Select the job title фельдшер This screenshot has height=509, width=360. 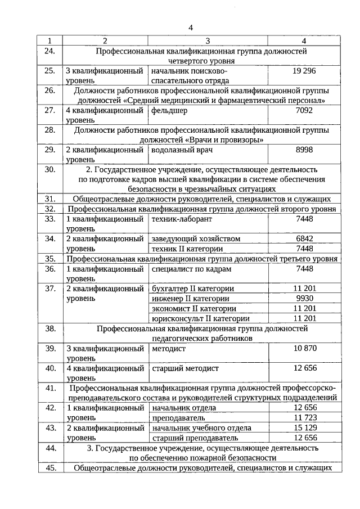[x=169, y=111]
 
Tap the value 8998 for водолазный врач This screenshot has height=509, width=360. [x=304, y=150]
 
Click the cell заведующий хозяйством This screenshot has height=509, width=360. [x=195, y=238]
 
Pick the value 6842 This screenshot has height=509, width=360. [x=304, y=238]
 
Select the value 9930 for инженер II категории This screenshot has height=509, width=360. [x=304, y=298]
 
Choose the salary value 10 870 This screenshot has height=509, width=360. [x=304, y=348]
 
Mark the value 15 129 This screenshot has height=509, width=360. [x=304, y=427]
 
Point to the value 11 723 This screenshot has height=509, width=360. [x=304, y=417]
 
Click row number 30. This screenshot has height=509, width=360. [x=50, y=169]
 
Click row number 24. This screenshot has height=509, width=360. [x=50, y=51]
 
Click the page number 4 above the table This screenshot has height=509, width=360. [x=191, y=28]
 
